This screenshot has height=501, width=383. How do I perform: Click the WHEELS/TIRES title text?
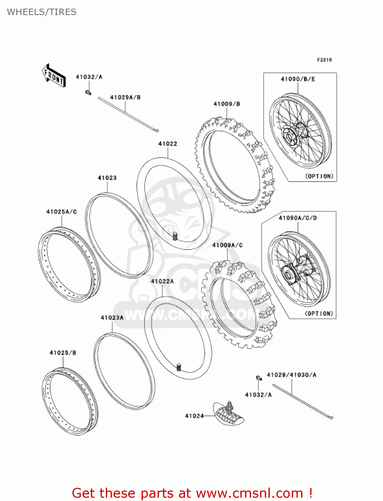point(42,12)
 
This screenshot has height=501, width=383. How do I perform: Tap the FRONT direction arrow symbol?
point(53,76)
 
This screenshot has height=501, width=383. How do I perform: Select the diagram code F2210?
point(324,60)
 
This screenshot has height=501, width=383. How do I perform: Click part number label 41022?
point(168,144)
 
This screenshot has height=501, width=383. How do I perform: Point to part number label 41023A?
point(112,318)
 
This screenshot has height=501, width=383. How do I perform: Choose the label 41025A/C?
point(61,212)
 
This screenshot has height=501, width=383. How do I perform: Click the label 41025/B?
point(63,353)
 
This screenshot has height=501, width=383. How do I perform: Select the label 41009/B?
point(227,104)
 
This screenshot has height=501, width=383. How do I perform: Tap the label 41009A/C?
point(227,245)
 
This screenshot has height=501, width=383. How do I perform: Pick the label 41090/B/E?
point(298,79)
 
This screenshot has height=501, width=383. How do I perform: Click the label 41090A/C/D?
point(298,218)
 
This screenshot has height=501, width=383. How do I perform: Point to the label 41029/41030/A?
point(292,375)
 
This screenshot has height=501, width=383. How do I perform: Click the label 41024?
point(194,416)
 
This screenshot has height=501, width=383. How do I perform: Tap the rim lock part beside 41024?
point(229,414)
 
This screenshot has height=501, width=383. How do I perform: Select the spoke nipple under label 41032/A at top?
point(88,92)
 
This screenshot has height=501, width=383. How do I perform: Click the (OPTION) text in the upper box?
point(319,176)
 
